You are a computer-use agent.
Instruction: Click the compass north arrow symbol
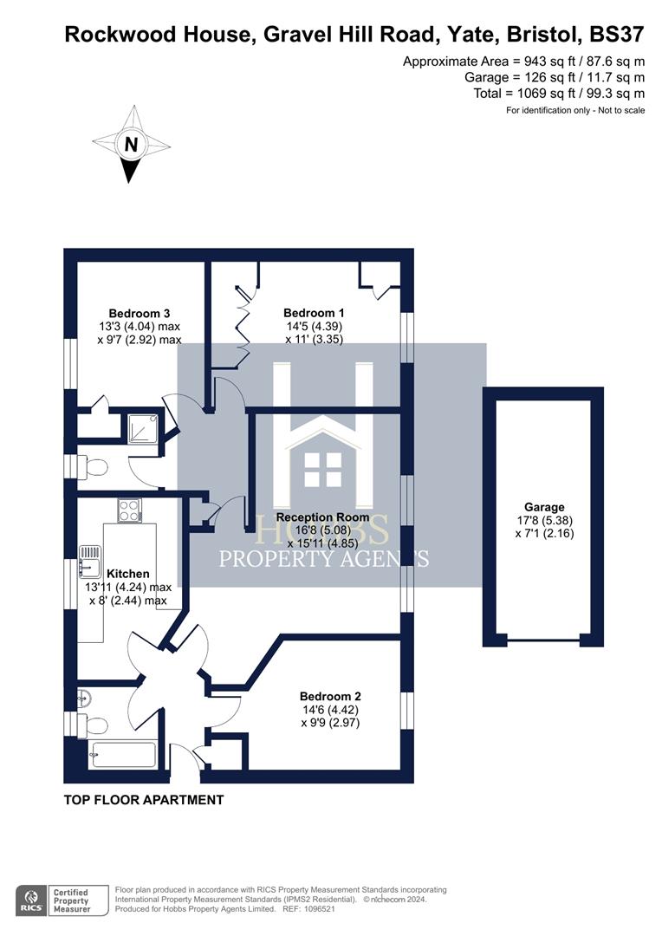point(131,145)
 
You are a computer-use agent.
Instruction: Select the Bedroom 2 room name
point(330,696)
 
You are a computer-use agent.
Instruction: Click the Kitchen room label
point(127,573)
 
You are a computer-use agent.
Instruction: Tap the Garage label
point(543,507)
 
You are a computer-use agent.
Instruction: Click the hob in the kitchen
point(129,510)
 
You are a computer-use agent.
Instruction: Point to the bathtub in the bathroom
point(122,754)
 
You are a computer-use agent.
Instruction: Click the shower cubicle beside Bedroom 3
point(142,429)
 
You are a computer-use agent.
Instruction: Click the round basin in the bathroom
point(83,697)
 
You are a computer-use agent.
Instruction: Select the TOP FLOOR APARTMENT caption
point(144,800)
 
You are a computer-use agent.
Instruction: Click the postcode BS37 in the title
point(617,35)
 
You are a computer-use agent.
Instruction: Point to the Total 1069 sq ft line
point(559,93)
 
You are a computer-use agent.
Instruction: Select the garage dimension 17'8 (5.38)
point(543,521)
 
